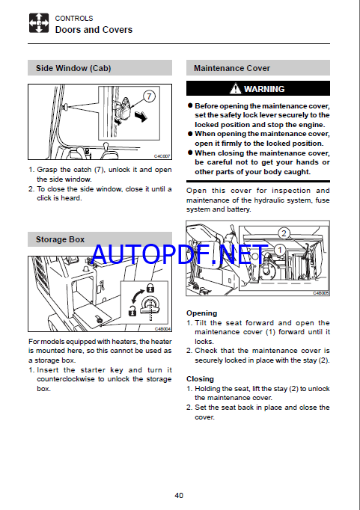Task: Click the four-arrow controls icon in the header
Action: coord(39,23)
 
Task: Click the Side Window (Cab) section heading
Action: coord(73,68)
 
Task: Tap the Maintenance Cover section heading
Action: coord(232,68)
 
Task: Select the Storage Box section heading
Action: coord(60,239)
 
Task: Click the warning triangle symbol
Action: coord(235,88)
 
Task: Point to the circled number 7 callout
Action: coord(149,96)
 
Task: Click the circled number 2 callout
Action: coord(284,233)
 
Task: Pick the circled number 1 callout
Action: coord(280,250)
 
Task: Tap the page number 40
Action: coord(179,495)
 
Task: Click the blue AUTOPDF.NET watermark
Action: coord(180,254)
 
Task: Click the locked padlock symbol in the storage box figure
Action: coord(150,288)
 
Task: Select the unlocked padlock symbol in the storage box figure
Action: coord(132,311)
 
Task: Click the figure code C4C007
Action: coord(162,156)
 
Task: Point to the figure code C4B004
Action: coord(162,329)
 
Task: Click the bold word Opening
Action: coord(201,313)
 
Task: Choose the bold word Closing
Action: coord(200,379)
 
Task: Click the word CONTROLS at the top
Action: coord(74,18)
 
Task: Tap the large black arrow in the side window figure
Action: coord(141,116)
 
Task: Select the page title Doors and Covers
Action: coord(94,30)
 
